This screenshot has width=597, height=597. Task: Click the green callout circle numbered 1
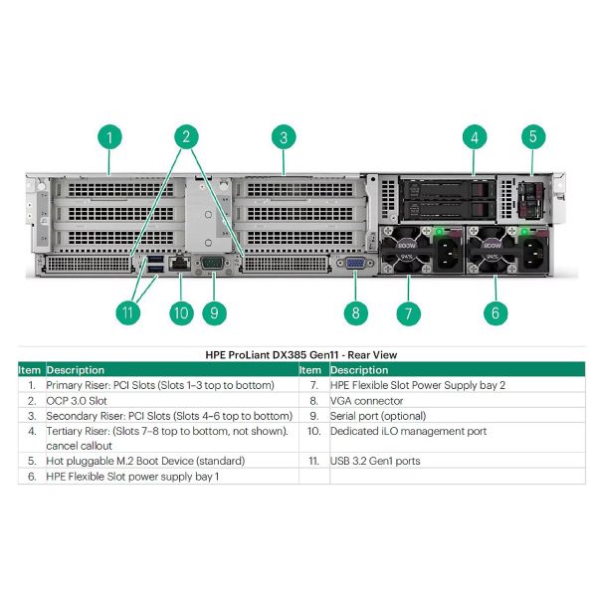110,136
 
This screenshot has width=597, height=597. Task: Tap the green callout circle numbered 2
185,136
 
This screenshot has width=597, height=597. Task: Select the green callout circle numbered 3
284,136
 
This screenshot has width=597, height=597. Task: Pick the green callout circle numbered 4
475,136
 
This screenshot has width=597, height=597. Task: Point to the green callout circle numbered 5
533,136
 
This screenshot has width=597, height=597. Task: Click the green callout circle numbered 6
496,311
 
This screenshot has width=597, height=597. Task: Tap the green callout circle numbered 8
356,311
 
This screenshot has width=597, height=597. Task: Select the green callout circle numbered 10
179,311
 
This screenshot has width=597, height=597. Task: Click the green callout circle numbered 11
127,311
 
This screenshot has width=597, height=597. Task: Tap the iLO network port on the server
180,263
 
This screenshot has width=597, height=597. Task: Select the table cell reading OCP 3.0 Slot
81,400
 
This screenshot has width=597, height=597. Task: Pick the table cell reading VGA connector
370,400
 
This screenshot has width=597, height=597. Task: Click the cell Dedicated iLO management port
408,431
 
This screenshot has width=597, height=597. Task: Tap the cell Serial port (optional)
378,415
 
